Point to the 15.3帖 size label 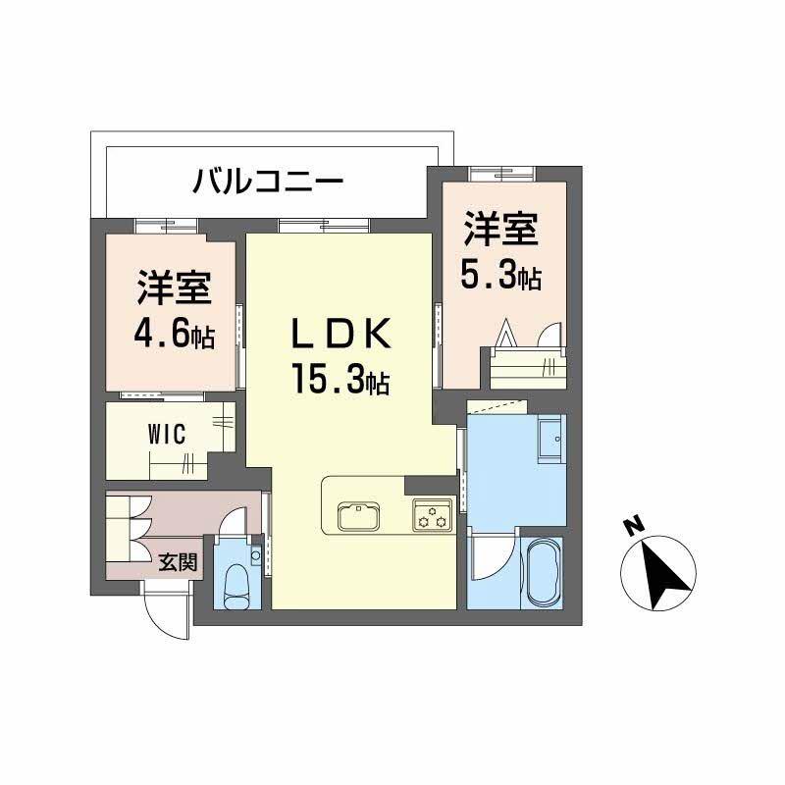click(339, 378)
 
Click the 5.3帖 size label click(500, 277)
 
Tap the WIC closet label click(168, 435)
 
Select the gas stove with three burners click(432, 512)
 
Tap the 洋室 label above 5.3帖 click(500, 232)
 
